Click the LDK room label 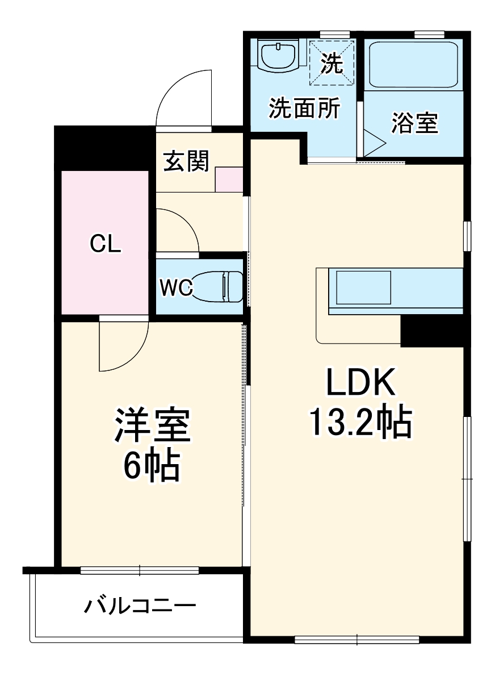coord(359,385)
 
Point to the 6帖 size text coord(152,465)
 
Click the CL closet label coord(105,244)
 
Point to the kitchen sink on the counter coord(363,287)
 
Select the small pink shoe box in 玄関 coord(229,180)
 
